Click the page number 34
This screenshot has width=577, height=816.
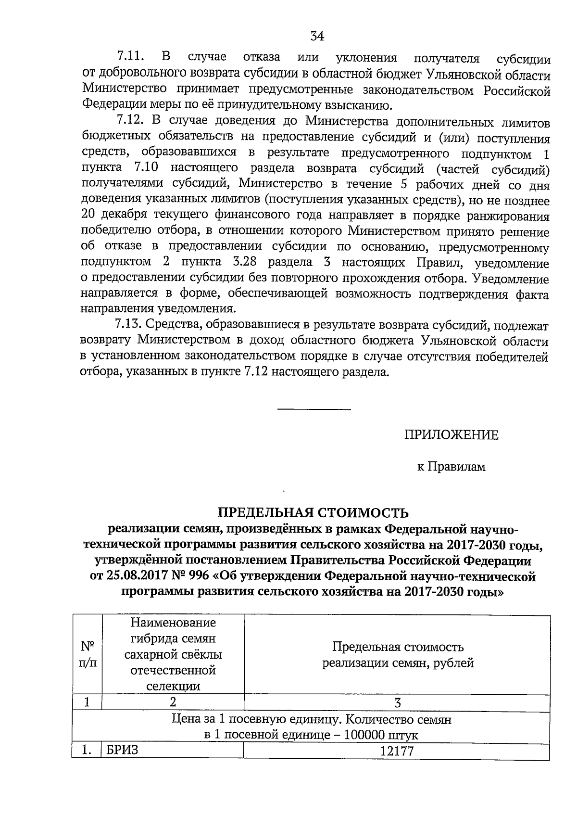click(x=317, y=37)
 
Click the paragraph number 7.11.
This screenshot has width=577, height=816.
click(x=131, y=58)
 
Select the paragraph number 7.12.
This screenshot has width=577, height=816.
click(x=131, y=120)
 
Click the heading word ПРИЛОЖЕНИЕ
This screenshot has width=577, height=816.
click(x=451, y=435)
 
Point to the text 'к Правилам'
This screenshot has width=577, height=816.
click(x=451, y=466)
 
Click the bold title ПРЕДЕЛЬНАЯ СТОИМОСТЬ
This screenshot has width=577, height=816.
click(x=314, y=511)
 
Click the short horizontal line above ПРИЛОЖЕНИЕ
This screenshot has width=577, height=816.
click(x=314, y=409)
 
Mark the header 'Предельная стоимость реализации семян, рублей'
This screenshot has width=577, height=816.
click(x=397, y=655)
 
